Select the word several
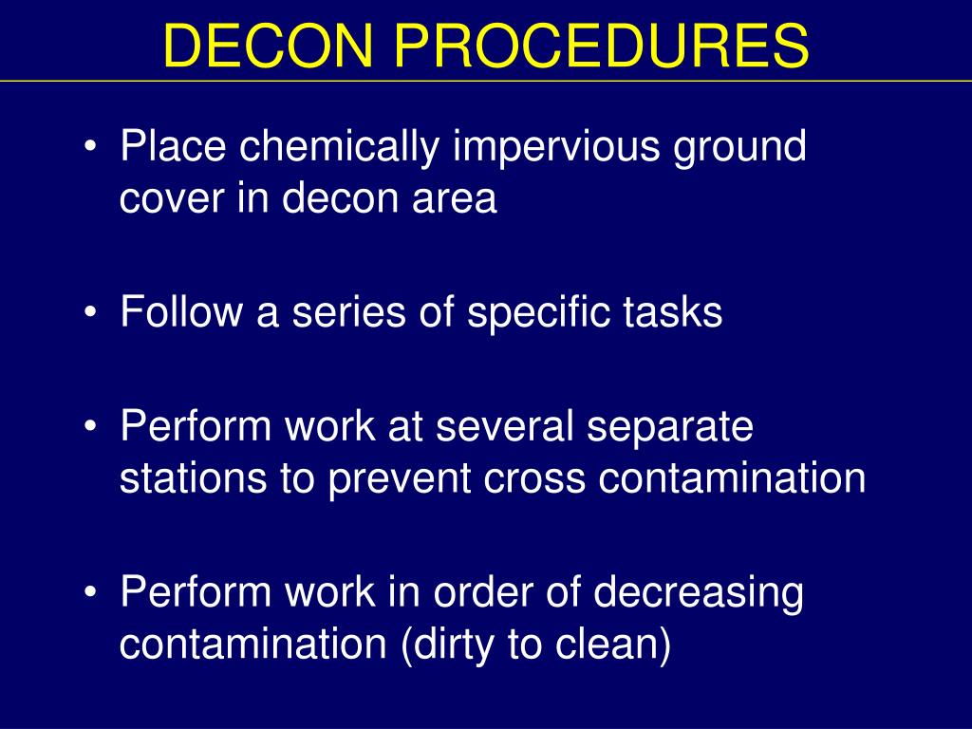click(504, 427)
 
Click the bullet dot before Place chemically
click(91, 149)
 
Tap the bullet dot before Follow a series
click(91, 313)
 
